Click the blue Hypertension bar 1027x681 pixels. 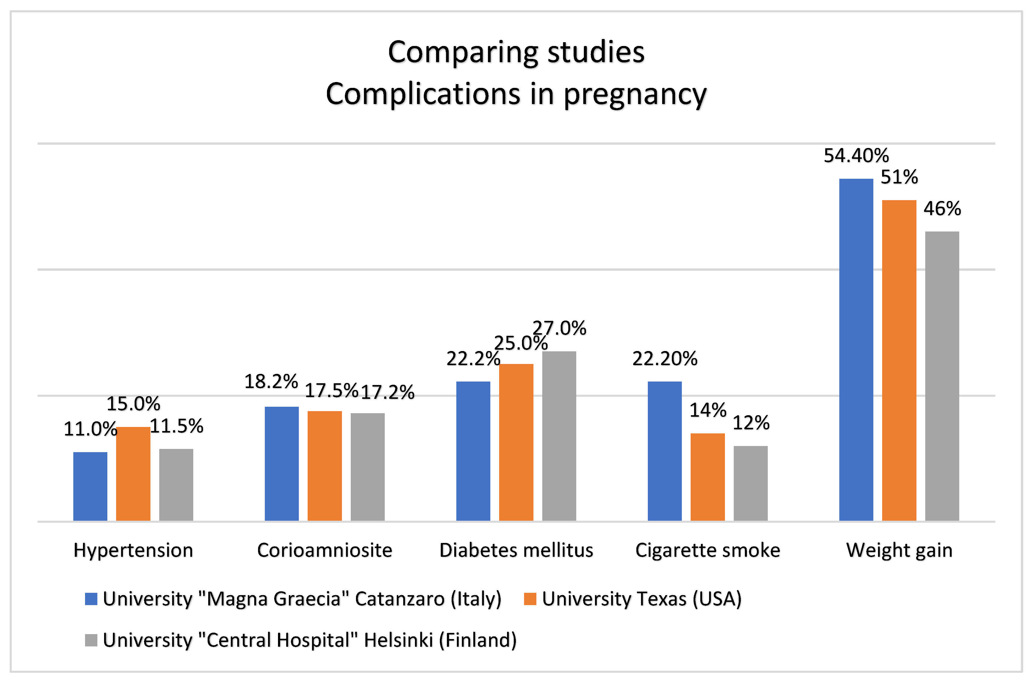90,486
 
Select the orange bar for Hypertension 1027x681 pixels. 133,474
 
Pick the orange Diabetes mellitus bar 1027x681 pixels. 516,442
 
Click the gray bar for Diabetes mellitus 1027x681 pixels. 559,436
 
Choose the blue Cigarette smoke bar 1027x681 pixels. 664,451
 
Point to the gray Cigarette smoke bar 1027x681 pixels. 750,483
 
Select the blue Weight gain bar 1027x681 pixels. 856,350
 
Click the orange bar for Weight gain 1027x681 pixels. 899,360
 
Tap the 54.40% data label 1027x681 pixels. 856,156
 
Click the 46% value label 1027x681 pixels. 942,209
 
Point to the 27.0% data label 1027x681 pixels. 559,328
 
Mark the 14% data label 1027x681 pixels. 708,410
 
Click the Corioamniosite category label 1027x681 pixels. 325,550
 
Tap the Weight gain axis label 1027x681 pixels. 899,550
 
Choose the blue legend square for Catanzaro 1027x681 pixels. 91,599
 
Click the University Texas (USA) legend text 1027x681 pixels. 641,599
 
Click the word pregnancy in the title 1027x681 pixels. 635,94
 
